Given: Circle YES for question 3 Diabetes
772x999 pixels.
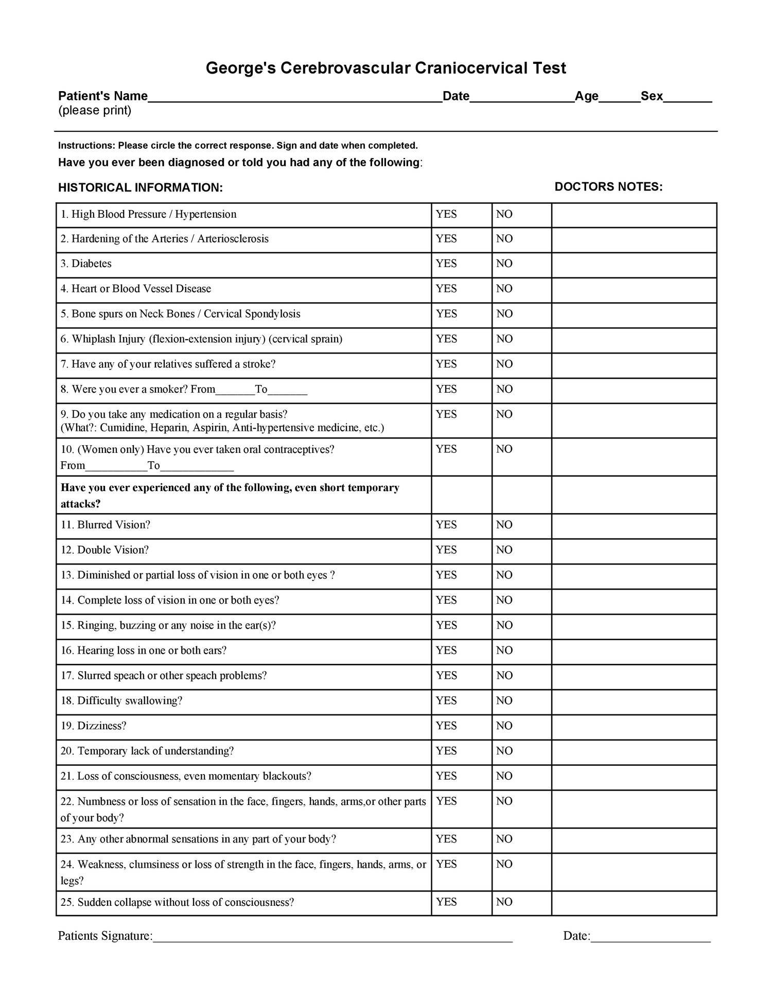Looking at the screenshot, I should (446, 264).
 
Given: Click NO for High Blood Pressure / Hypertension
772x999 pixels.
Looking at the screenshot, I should (504, 214).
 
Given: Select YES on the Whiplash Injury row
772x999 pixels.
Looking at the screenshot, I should (446, 339).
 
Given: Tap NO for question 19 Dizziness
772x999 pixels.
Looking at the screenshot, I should (504, 726).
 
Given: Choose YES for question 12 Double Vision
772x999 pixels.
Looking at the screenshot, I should (446, 550).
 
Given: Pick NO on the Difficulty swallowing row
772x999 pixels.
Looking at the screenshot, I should (504, 700).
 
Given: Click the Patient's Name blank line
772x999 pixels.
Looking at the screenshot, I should (294, 98).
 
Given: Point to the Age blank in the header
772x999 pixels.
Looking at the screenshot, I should (619, 98).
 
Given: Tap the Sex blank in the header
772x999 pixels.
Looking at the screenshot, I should (687, 98).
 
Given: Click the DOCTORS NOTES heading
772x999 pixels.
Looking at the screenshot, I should (608, 187).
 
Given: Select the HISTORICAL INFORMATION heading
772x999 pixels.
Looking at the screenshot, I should (140, 188).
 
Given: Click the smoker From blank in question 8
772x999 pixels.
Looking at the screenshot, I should (235, 390).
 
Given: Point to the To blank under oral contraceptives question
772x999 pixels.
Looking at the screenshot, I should (197, 467).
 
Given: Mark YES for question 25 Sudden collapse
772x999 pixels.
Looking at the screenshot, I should (446, 902).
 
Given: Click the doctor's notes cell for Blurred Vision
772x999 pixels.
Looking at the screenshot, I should (634, 526).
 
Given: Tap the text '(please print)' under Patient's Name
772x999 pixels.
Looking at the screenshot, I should (95, 111).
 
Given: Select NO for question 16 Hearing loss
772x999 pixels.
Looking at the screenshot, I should (504, 651).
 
